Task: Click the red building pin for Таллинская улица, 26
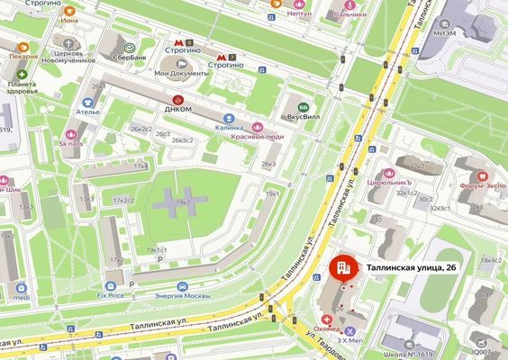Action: click(x=342, y=267)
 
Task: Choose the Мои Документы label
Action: click(x=175, y=73)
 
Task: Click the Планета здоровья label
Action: click(x=20, y=86)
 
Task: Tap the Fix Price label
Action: click(x=112, y=294)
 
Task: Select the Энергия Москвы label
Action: click(x=183, y=296)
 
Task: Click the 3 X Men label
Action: click(x=350, y=341)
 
